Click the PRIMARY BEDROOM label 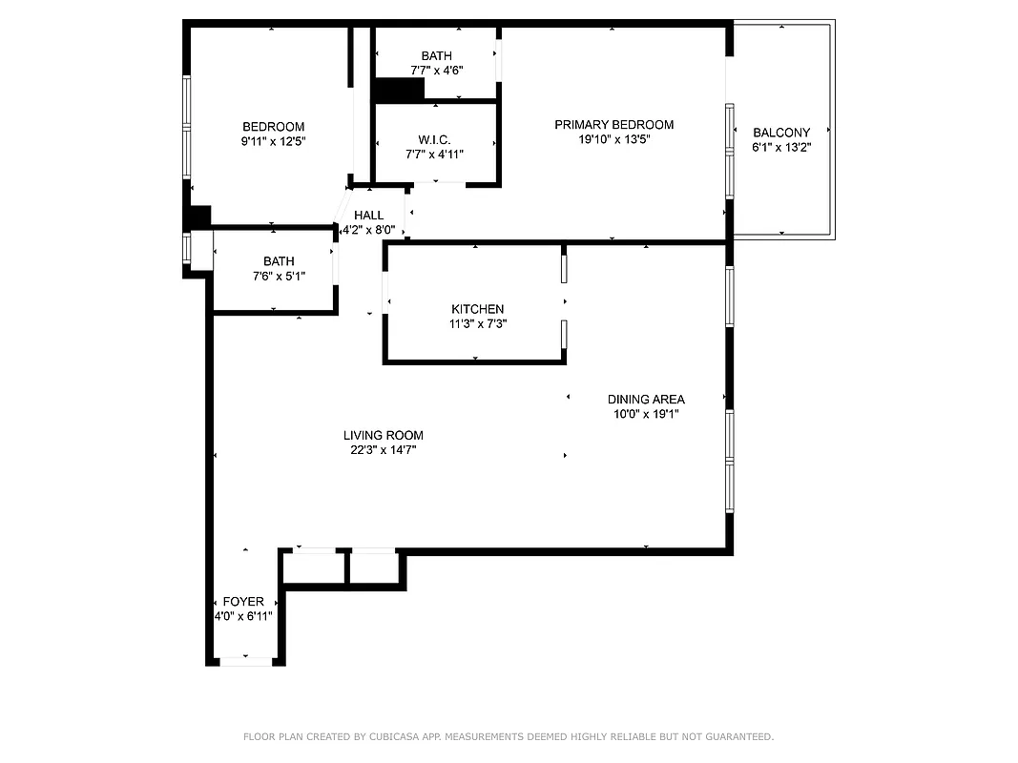tap(613, 125)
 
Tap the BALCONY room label tap(781, 133)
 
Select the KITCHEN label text tap(477, 309)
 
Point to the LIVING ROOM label tap(384, 435)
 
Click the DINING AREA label tap(646, 400)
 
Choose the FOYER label tap(243, 602)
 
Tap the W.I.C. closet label tap(434, 140)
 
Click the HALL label tap(368, 216)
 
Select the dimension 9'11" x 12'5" tap(273, 141)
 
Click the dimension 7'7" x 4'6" tap(436, 71)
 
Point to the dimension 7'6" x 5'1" tap(279, 277)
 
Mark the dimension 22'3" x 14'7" tap(384, 449)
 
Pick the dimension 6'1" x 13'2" tap(781, 147)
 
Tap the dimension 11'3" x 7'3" tap(477, 323)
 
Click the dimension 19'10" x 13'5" tap(613, 139)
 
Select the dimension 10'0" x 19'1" tap(646, 414)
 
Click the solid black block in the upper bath tap(399, 90)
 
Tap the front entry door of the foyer tap(246, 660)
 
